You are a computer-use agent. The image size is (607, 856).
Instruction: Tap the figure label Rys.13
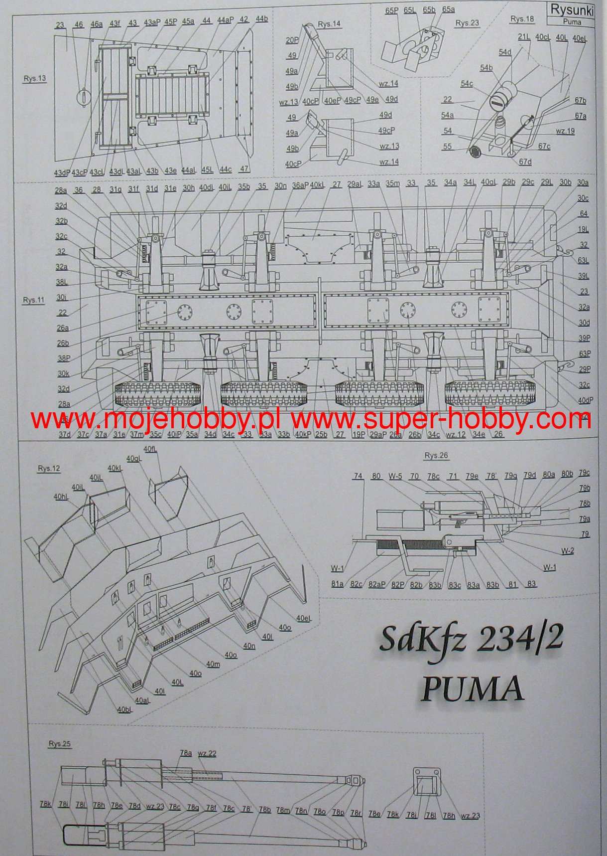[34, 78]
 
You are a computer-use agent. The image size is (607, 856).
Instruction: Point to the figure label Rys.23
[467, 23]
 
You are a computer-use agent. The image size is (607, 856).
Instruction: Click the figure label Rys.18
[522, 19]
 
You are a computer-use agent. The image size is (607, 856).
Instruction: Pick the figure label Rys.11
[33, 300]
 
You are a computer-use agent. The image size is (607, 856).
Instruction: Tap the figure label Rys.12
[48, 469]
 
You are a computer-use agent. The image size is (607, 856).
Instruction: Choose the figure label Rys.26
[436, 456]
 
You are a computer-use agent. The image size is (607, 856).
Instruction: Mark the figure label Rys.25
[59, 744]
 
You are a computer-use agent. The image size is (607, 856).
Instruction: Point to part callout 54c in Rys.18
[467, 84]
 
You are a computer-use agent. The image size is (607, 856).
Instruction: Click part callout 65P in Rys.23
[391, 9]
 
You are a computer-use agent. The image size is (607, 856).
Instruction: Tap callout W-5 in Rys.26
[395, 476]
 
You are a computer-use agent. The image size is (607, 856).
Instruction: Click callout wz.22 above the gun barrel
[207, 753]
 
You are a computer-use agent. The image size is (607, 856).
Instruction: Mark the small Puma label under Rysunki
[572, 22]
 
